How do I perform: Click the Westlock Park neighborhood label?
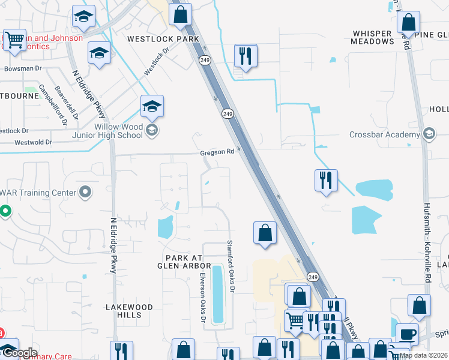point(163,39)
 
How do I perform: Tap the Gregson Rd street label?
point(217,152)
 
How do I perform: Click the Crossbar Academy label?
point(385,134)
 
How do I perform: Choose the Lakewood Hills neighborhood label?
point(129,311)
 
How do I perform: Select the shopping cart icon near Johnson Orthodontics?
point(15,40)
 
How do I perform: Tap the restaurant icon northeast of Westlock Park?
point(245,56)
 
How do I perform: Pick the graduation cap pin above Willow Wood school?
point(152,107)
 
